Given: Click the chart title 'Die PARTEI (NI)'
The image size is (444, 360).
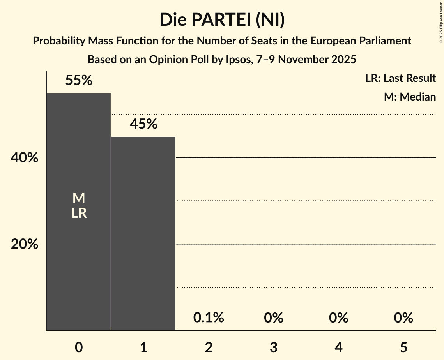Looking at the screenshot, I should tap(222, 19).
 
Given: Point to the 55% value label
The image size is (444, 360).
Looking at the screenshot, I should tap(79, 80).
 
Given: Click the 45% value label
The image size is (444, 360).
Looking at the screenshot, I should tap(143, 124).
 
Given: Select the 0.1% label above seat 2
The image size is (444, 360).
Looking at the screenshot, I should tap(209, 318).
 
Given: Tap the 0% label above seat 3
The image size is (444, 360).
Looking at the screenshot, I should tap(273, 318).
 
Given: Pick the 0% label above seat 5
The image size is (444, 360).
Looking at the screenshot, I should tap(403, 318).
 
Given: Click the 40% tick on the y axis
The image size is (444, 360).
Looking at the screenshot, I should tap(25, 158).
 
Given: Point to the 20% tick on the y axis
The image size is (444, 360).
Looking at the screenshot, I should tap(25, 244).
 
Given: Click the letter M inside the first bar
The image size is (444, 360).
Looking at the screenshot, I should tap(79, 198).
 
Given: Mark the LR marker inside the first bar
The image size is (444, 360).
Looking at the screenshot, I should tap(79, 213).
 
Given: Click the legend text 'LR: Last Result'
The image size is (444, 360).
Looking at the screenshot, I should tap(400, 78).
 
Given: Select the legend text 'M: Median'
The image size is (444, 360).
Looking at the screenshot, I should tap(410, 97).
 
